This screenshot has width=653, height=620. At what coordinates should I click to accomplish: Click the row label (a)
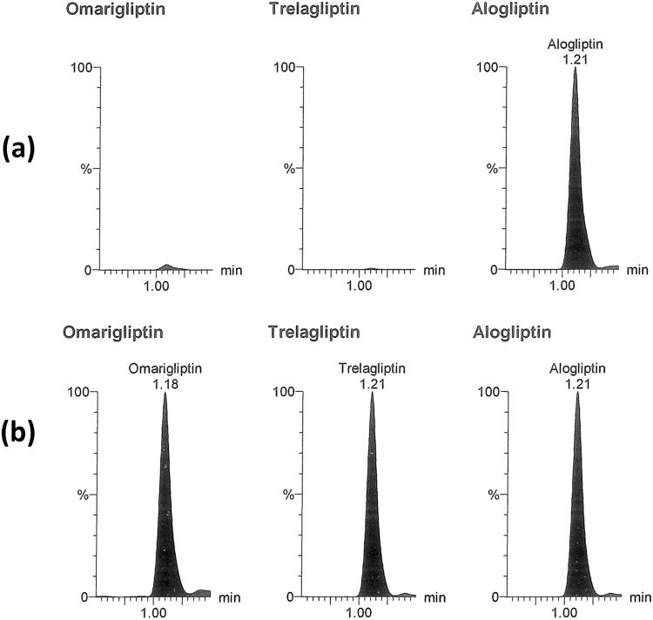18,149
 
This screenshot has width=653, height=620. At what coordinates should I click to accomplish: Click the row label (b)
18,432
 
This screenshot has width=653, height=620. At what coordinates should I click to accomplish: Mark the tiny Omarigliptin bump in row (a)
168,266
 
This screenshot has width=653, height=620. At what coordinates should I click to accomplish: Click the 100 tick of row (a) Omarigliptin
81,68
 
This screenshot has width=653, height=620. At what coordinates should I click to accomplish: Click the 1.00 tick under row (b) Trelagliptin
360,612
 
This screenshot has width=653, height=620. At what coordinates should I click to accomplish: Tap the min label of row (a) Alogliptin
637,270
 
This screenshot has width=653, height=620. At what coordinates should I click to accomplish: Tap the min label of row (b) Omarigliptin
230,597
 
